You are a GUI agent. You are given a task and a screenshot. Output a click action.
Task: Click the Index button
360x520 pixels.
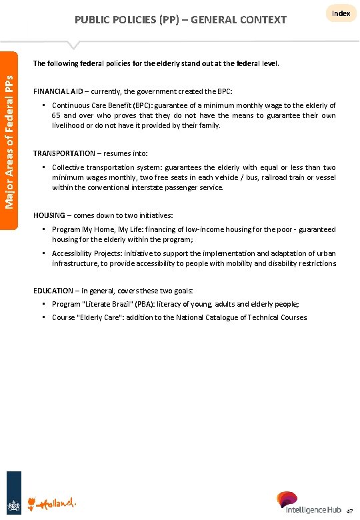pos(341,14)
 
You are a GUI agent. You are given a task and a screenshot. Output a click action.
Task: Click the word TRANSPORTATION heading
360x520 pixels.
pos(64,153)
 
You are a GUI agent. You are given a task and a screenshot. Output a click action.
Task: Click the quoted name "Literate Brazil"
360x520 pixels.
pos(111,304)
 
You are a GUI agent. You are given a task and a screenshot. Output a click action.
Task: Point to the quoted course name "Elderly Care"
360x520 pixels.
pos(102,317)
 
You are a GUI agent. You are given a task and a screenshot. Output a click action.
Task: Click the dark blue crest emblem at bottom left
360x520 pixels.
pos(14,501)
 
